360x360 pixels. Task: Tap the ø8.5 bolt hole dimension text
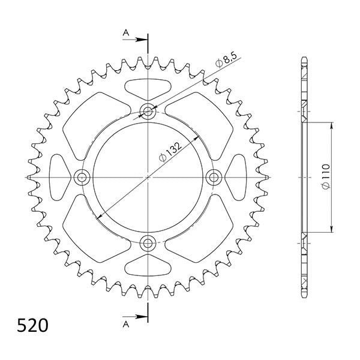point(227,59)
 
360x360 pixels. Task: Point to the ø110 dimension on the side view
point(325,179)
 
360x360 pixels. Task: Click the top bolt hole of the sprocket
point(148,111)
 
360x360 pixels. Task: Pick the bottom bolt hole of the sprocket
point(148,243)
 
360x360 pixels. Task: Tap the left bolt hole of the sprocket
point(82,177)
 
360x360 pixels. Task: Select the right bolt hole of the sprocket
point(214,177)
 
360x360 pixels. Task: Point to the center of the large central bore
point(148,177)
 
